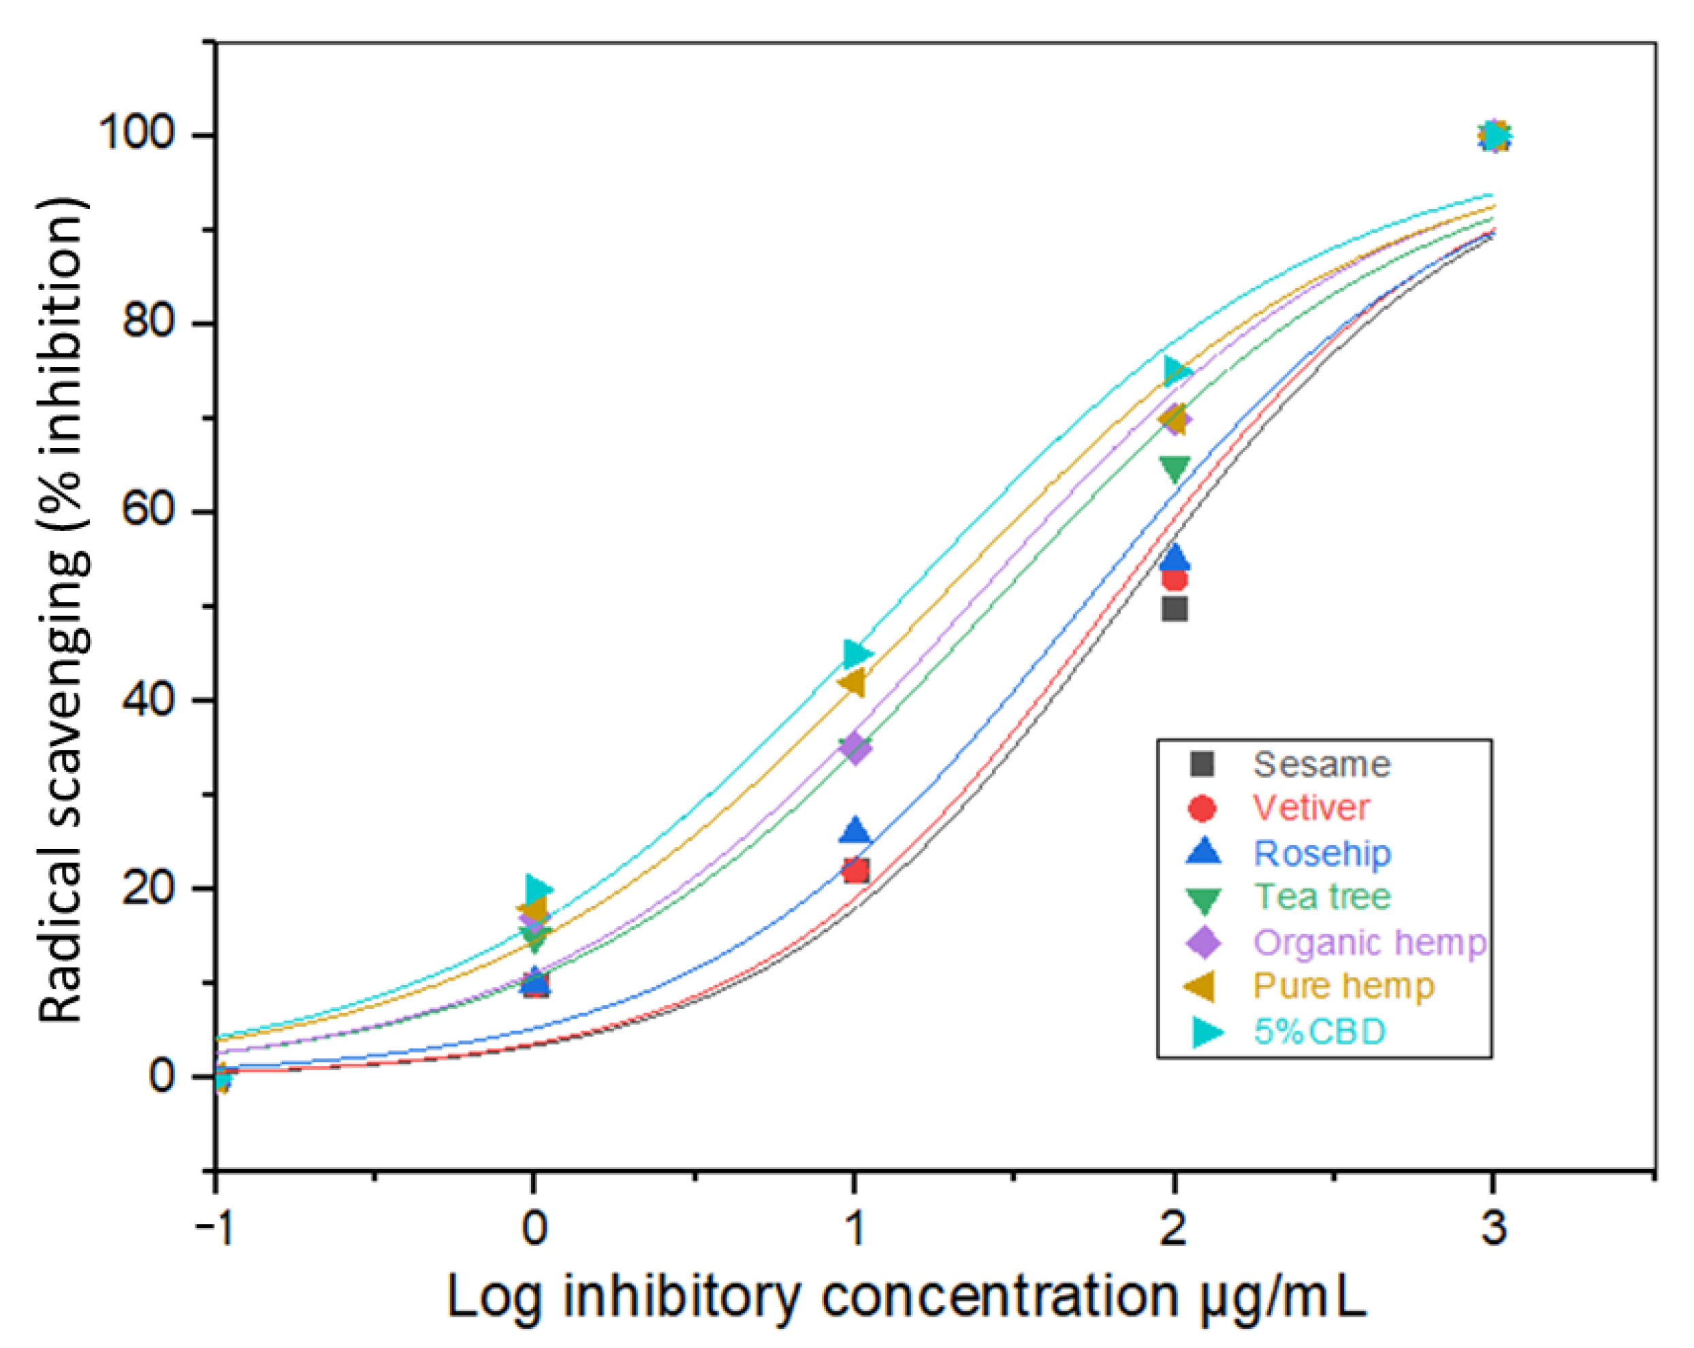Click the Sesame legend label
1321,765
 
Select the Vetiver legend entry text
1311,808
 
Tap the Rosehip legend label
1322,853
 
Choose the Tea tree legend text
1322,897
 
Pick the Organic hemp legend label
1369,942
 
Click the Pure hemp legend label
1343,986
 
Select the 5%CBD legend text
1318,1031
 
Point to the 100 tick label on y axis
135,133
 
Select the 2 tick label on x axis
1173,1227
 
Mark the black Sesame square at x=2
1174,609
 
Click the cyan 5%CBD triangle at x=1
857,653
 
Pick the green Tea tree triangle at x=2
1174,469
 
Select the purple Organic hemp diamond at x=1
855,747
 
